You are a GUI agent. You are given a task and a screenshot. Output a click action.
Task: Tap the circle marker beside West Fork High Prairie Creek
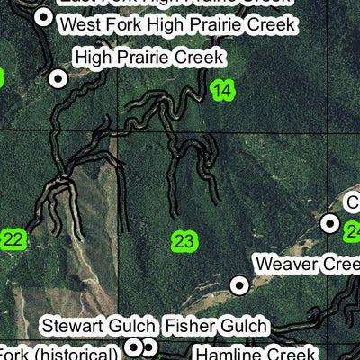click(x=42, y=17)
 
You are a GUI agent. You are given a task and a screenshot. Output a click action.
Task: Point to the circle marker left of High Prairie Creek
click(x=58, y=79)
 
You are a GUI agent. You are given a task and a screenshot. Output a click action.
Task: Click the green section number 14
click(x=221, y=89)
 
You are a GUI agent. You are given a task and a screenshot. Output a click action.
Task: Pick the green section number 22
click(x=13, y=239)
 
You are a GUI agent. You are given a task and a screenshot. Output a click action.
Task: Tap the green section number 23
click(x=184, y=241)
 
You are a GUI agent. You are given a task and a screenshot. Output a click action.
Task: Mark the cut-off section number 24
click(x=352, y=231)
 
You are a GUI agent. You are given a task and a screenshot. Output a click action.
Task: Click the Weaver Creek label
click(x=306, y=264)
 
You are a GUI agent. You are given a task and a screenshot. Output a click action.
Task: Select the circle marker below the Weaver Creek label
click(x=239, y=285)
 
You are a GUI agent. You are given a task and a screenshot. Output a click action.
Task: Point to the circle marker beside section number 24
click(x=330, y=222)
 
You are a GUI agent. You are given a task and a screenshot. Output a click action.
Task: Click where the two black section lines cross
click(x=118, y=131)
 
